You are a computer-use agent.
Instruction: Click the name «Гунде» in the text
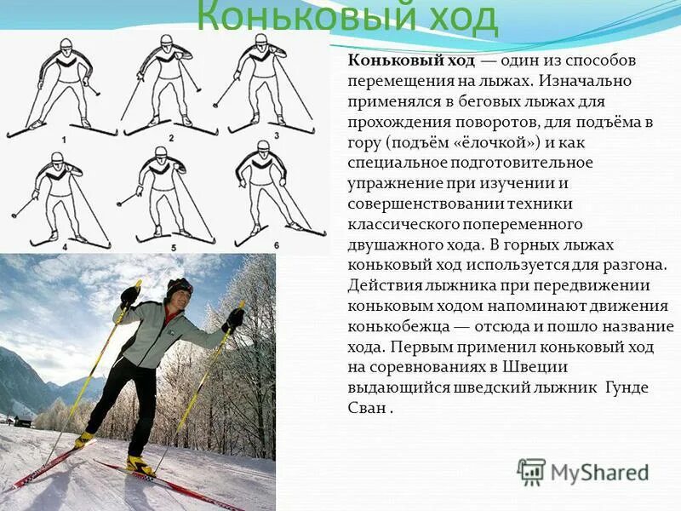coord(625,387)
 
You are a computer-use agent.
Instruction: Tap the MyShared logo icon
coord(531,472)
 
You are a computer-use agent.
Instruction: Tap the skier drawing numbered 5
coord(162,196)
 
